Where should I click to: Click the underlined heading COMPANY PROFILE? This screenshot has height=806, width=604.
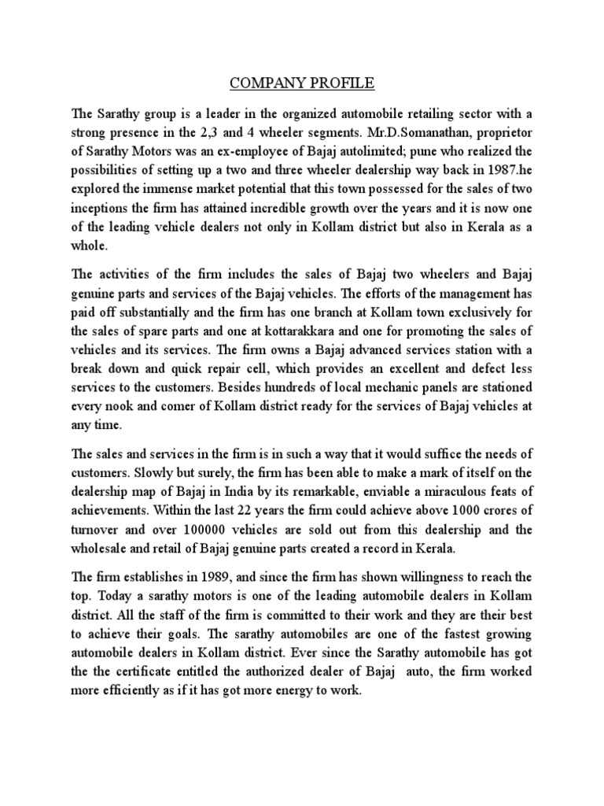pyautogui.click(x=302, y=81)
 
